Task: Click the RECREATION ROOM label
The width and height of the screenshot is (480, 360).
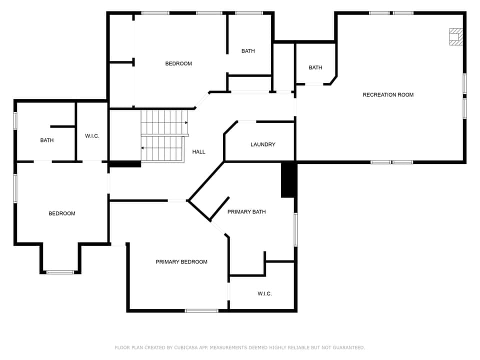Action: (x=388, y=95)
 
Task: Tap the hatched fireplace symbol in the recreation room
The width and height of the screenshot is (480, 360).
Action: (x=455, y=36)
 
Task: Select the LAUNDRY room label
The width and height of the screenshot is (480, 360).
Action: (x=263, y=144)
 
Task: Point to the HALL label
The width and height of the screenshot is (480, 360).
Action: (x=198, y=152)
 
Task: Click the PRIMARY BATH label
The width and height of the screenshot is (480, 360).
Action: (x=246, y=212)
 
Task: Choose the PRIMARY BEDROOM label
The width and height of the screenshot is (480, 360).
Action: (x=181, y=262)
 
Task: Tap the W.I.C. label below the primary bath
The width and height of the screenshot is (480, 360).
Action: (x=264, y=294)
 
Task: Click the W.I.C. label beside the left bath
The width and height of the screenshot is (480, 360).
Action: (x=92, y=136)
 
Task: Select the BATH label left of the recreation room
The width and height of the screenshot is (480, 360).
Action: (x=315, y=68)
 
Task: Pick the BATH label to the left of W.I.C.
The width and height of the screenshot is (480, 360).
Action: (x=47, y=140)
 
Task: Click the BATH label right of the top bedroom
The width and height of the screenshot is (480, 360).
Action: (x=248, y=51)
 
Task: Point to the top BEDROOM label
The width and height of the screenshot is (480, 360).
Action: (x=178, y=64)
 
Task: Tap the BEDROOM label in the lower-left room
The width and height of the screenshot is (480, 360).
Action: (x=62, y=213)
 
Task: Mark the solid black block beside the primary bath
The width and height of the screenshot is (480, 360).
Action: (x=288, y=180)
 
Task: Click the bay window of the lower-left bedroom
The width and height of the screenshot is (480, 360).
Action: (x=60, y=272)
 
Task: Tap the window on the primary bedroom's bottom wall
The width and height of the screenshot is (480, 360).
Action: (x=201, y=311)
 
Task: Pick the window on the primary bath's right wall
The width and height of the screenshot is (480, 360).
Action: (x=295, y=229)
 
